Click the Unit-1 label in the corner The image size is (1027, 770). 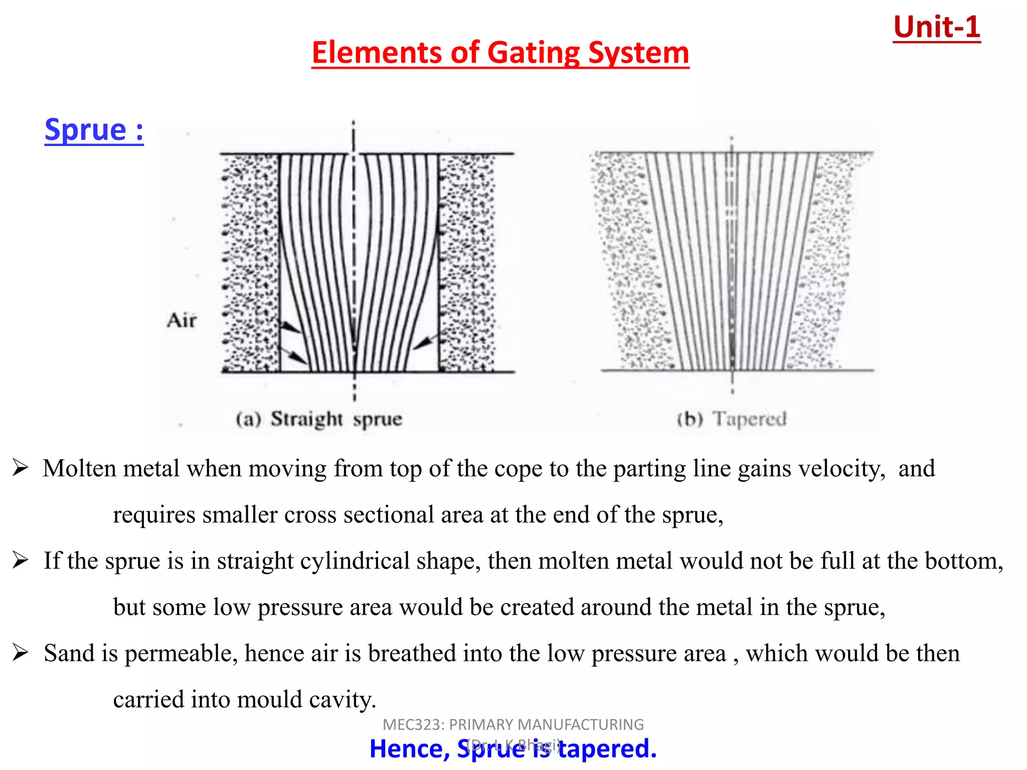[936, 27]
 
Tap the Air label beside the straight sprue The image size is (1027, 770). [182, 320]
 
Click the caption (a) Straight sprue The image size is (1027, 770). [319, 419]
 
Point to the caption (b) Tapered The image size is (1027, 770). [732, 419]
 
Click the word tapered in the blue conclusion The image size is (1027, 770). [607, 749]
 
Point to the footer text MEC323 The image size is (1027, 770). [412, 725]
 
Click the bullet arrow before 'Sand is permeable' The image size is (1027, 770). [21, 653]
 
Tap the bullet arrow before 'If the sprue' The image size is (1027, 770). [21, 560]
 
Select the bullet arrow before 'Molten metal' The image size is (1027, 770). [21, 468]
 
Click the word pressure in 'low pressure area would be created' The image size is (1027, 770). [299, 608]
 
